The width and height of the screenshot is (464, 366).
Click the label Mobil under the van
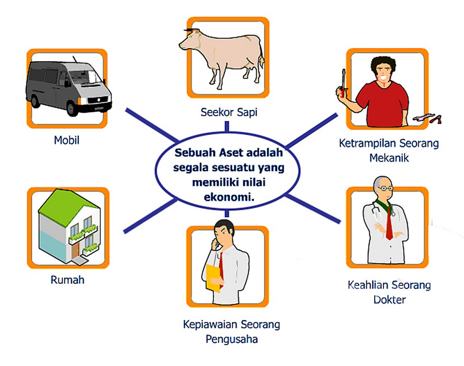67,140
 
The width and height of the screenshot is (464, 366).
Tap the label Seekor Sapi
229,112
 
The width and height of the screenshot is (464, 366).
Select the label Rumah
68,279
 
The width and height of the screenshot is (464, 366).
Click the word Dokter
390,299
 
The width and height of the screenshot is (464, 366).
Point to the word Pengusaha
231,339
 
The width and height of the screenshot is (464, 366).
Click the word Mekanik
389,158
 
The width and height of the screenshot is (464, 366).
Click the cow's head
188,42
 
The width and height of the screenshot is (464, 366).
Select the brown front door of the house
75,249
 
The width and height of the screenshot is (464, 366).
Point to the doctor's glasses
384,188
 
